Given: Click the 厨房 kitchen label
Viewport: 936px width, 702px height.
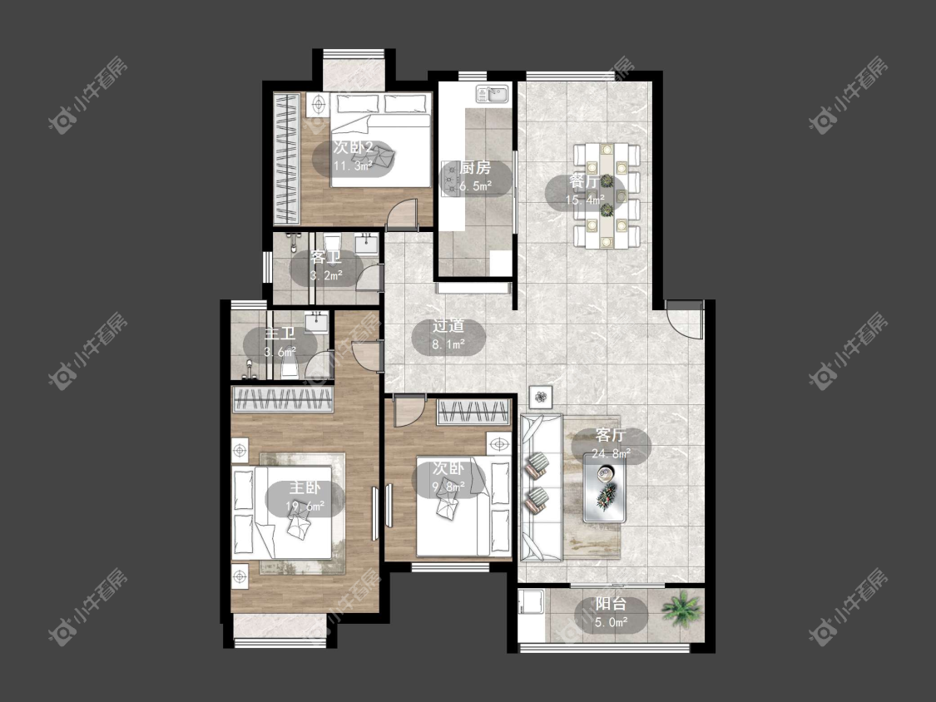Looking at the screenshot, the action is coord(475,168).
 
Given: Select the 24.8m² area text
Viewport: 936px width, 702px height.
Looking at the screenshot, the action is coord(612,453).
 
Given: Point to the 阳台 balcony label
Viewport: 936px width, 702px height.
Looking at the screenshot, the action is coord(612,604).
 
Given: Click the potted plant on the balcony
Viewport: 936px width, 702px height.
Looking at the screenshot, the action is coord(681,608).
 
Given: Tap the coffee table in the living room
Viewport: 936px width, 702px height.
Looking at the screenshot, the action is coord(606,487).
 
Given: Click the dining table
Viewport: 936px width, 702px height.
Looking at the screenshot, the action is coord(607,195).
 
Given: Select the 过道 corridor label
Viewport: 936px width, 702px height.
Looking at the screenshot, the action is coord(448,326).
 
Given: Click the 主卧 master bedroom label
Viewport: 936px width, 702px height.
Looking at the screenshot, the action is coord(305,487).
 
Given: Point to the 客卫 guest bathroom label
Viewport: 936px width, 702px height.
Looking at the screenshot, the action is coord(326,258).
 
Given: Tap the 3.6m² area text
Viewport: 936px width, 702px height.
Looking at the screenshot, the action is coord(280,352).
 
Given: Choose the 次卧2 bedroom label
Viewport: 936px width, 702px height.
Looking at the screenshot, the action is coord(354,147).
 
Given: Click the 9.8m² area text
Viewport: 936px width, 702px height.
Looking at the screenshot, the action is coord(448,487).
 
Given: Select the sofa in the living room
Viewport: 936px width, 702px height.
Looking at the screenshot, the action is coord(542,487).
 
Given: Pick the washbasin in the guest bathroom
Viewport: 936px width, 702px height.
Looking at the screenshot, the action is coord(365,244).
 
